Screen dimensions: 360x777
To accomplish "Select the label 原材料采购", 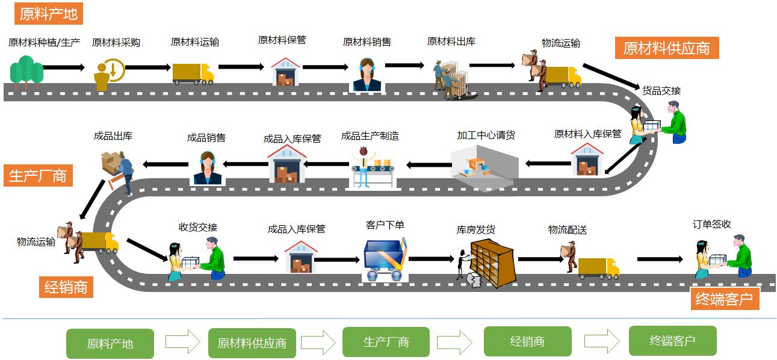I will [116, 43].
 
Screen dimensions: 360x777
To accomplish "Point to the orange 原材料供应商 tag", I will [666, 48].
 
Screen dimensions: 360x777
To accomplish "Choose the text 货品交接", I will [661, 91].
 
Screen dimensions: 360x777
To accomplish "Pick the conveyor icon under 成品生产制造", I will [374, 167].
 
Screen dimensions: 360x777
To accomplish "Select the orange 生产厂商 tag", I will [37, 176].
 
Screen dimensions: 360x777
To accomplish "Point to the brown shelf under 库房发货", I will [492, 262].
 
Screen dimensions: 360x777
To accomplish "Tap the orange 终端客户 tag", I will [724, 299].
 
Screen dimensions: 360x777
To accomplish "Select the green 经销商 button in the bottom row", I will [527, 342].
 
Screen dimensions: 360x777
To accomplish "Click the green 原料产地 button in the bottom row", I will [110, 344].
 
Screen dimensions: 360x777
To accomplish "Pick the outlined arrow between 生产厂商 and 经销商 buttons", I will [454, 342].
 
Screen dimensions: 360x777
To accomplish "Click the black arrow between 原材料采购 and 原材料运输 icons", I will [147, 68].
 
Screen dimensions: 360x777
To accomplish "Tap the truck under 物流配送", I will [598, 268].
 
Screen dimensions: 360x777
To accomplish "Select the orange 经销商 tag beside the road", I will [66, 287].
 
